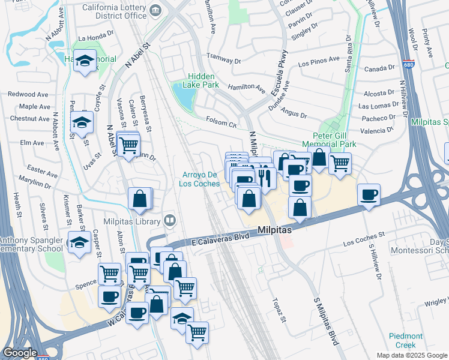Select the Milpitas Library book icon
click(170, 221)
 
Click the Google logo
click(19, 353)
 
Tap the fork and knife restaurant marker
click(265, 177)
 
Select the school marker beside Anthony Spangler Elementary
click(79, 243)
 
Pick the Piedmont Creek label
click(406, 340)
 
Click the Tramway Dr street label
click(223, 61)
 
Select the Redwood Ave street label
click(28, 94)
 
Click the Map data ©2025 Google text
click(411, 355)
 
